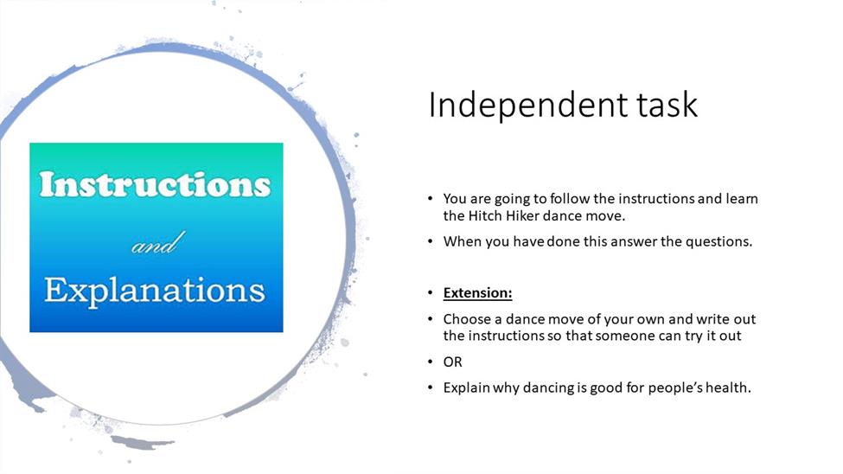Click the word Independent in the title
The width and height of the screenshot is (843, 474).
pyautogui.click(x=528, y=105)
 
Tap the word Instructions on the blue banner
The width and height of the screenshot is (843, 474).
pyautogui.click(x=155, y=184)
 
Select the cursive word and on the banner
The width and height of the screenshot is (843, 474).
pyautogui.click(x=158, y=243)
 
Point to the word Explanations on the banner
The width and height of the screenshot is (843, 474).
pyautogui.click(x=155, y=291)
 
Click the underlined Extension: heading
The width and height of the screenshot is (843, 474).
pyautogui.click(x=477, y=292)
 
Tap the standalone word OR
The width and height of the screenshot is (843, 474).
pyautogui.click(x=453, y=362)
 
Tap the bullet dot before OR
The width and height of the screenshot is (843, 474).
pyautogui.click(x=430, y=362)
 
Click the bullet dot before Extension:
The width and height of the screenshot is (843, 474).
pyautogui.click(x=430, y=292)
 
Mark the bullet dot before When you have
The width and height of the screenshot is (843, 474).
pyautogui.click(x=430, y=241)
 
